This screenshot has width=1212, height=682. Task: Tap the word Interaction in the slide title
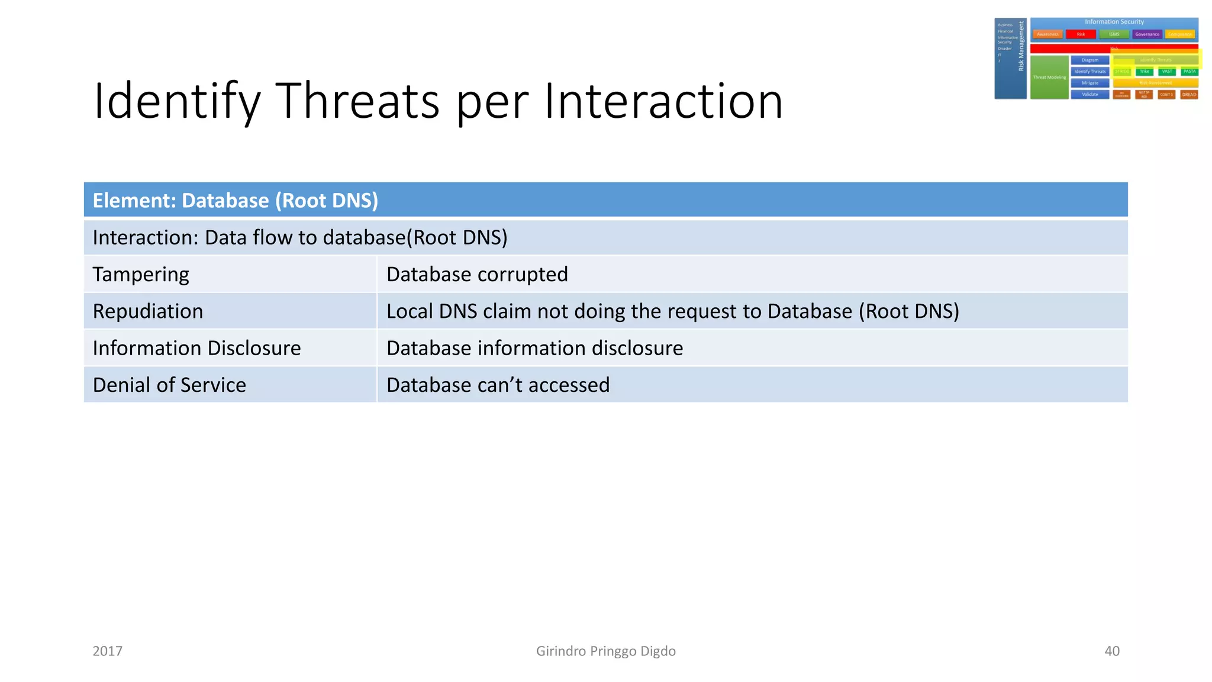(x=663, y=101)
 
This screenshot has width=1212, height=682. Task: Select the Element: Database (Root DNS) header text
(x=235, y=201)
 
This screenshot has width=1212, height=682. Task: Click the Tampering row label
(x=141, y=275)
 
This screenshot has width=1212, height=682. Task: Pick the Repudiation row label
(x=148, y=311)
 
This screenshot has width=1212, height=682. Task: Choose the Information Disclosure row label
(x=196, y=348)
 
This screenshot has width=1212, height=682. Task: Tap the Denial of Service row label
(x=169, y=385)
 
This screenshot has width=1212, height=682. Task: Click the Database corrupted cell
(x=477, y=275)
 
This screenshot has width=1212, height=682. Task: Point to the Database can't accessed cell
(x=498, y=385)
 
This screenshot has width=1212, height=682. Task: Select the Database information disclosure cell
(x=534, y=348)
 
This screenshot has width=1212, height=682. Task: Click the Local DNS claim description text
(x=672, y=311)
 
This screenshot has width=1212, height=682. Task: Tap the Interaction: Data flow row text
(x=300, y=237)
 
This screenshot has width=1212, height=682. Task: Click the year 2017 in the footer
(x=107, y=651)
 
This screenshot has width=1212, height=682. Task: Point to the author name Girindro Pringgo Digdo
(x=605, y=651)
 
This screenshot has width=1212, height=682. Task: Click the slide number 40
(x=1111, y=651)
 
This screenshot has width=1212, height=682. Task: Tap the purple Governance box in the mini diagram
(x=1147, y=34)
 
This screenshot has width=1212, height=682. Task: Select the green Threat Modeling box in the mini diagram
(x=1049, y=78)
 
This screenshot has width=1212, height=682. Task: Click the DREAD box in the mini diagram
(x=1189, y=95)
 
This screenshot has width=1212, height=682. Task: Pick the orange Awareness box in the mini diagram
(x=1047, y=34)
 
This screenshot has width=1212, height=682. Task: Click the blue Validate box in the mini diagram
(x=1089, y=95)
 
